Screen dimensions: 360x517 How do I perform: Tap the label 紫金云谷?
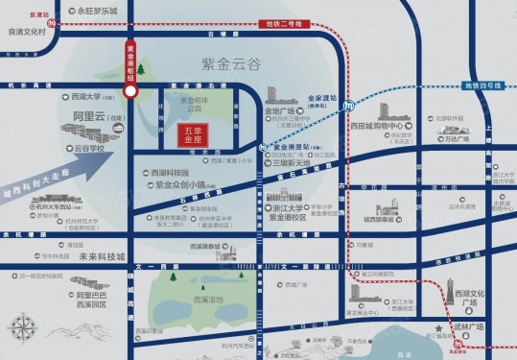[225, 64]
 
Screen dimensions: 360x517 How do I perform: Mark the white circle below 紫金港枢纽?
[130, 91]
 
